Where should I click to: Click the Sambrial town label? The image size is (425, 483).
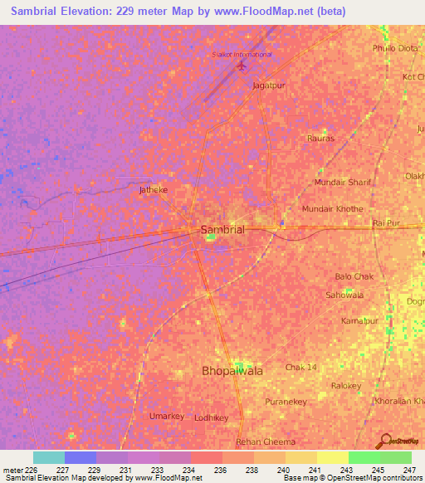coord(222,230)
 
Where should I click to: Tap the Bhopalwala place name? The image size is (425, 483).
coord(233,371)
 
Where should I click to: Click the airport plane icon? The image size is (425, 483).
coord(242,65)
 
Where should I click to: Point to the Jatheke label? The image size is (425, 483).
coord(153,189)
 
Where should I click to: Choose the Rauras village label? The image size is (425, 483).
coord(320,138)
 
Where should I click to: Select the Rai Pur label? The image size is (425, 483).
coord(387,223)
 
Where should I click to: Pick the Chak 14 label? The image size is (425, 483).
coord(301,367)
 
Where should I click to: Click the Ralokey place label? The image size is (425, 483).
coord(346,386)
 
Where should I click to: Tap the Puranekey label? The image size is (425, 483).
coord(287,402)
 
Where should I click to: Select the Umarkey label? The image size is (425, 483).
coord(166,415)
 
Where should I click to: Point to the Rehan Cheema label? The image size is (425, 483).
coord(266,442)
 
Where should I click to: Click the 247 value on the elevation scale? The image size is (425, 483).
coord(408,470)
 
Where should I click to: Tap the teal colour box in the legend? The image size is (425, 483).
coord(48,457)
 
